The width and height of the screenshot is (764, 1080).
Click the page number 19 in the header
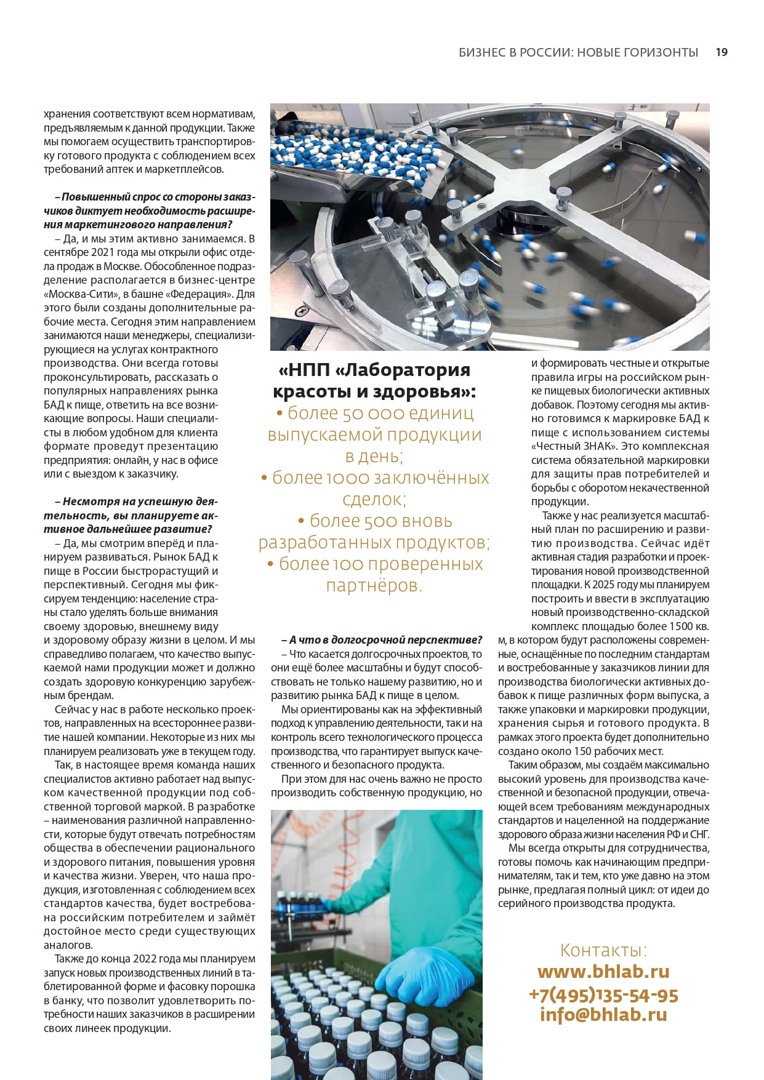click(x=721, y=52)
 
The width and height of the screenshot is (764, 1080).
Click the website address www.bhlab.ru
click(x=603, y=972)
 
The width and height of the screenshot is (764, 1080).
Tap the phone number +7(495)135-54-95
click(x=603, y=995)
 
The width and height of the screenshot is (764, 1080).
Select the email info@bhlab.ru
click(x=603, y=1014)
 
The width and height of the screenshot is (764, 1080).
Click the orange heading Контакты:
click(x=603, y=950)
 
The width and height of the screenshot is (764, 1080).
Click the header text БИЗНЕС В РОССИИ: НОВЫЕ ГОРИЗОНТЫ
click(x=578, y=52)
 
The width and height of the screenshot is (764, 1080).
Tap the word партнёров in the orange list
click(x=374, y=585)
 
